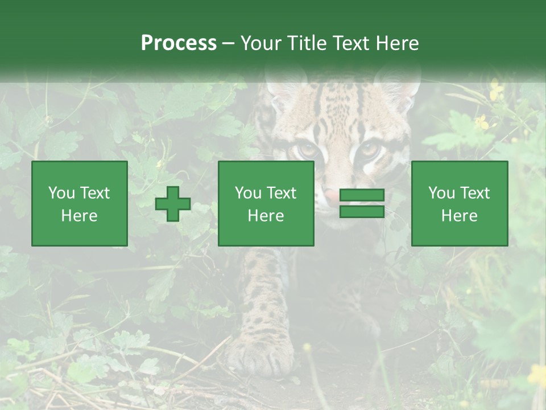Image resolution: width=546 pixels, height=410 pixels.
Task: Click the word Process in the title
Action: pyautogui.click(x=179, y=43)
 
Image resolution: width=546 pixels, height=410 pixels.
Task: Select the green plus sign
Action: pyautogui.click(x=173, y=203)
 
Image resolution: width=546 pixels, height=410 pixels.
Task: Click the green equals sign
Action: pyautogui.click(x=362, y=203)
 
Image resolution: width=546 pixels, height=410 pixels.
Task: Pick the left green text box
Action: pyautogui.click(x=80, y=203)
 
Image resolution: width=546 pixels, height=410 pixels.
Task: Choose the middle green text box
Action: pyautogui.click(x=266, y=203)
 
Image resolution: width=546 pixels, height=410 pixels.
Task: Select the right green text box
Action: pyautogui.click(x=460, y=203)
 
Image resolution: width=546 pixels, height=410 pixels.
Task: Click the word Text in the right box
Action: pyautogui.click(x=475, y=193)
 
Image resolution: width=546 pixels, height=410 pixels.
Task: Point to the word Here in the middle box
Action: pyautogui.click(x=266, y=216)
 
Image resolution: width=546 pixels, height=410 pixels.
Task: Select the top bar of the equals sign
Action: pyautogui.click(x=362, y=195)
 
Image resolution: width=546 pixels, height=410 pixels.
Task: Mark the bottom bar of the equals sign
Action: pyautogui.click(x=362, y=211)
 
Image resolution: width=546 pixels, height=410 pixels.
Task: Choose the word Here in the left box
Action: pyautogui.click(x=80, y=216)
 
